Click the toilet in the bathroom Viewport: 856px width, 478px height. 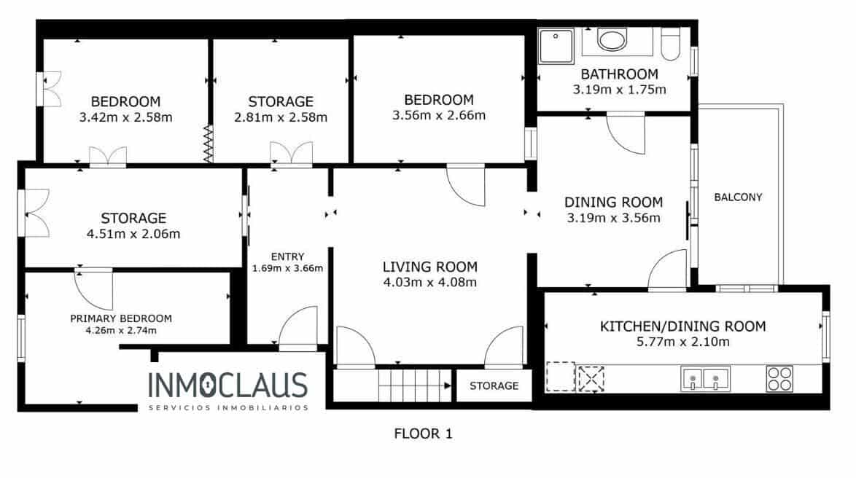[x=670, y=44]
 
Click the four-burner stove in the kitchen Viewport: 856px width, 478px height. [x=779, y=378]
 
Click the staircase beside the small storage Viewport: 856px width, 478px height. [x=414, y=385]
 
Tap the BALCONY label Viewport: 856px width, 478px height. [x=738, y=197]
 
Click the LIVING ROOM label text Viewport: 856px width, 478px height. [x=430, y=267]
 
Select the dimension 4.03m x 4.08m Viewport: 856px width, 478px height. [x=430, y=282]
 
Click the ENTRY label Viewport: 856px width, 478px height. [x=287, y=256]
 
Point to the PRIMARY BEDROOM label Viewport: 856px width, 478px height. [x=121, y=318]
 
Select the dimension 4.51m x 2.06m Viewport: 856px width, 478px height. [x=133, y=234]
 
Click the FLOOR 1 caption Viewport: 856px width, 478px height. [x=423, y=434]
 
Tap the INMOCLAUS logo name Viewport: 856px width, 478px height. [x=227, y=385]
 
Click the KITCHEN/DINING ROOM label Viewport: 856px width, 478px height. [x=682, y=326]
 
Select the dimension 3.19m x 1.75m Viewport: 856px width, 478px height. [x=620, y=90]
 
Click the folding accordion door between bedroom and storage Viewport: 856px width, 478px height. [x=208, y=144]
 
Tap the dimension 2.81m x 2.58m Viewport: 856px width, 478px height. [x=281, y=117]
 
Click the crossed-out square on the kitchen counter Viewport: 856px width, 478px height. [x=591, y=378]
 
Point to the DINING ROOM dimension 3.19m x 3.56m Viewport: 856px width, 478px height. [x=613, y=217]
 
